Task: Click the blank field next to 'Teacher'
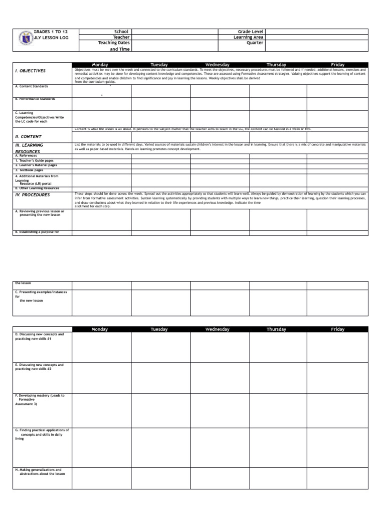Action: click(174, 38)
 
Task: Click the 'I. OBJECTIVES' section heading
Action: click(31, 71)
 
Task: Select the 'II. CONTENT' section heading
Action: click(29, 136)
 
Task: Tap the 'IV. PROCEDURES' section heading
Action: click(33, 195)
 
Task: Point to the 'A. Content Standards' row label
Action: click(32, 86)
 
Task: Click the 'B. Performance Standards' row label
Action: click(35, 99)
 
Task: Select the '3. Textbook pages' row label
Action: click(29, 170)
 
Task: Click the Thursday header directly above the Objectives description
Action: click(276, 65)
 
